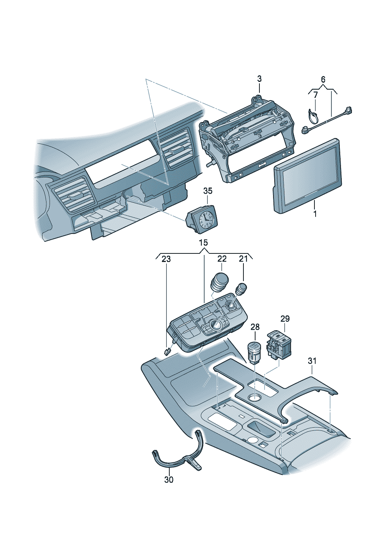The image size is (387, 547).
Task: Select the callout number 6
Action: coord(323,80)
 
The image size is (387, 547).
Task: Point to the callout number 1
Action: coord(315,214)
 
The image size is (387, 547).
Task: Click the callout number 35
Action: coord(208,191)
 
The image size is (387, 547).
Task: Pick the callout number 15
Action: coord(203,243)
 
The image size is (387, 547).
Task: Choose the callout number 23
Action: coord(166,259)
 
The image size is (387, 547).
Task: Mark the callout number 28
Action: coord(255,327)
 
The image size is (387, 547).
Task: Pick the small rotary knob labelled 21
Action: coord(241,289)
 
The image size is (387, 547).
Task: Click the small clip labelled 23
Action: coord(167,352)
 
